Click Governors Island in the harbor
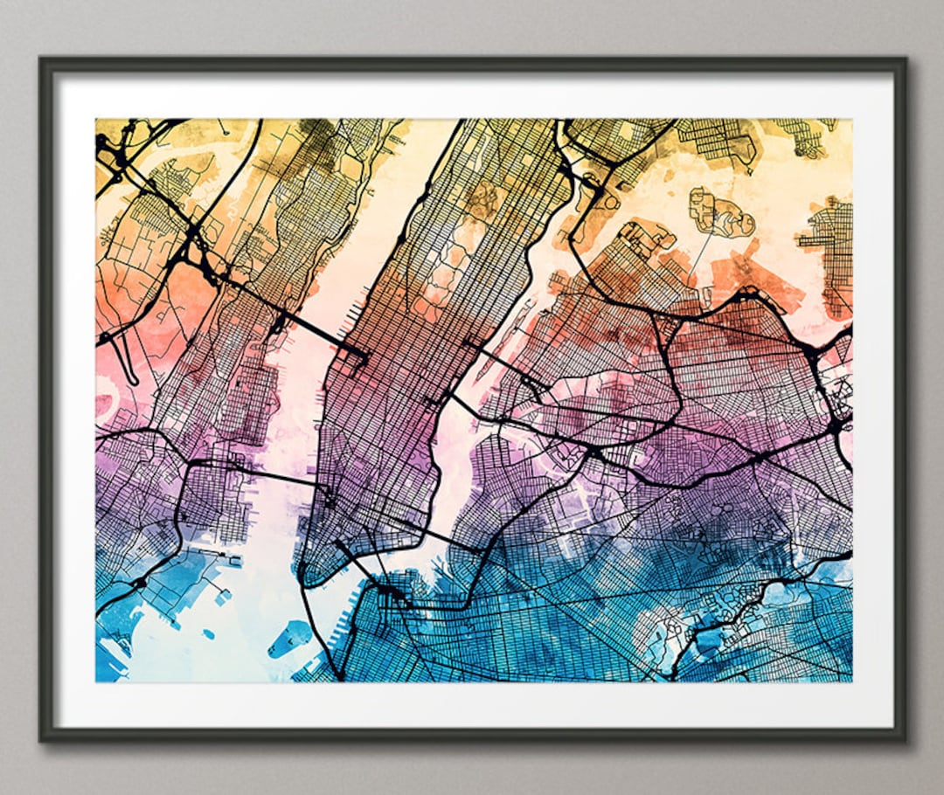click(288, 639)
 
